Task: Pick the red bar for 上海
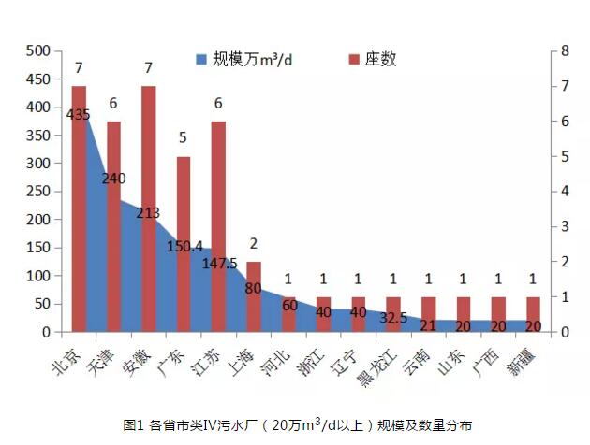[x=253, y=296]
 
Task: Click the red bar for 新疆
[x=533, y=314]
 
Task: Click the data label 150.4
[x=184, y=246]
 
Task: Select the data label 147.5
[x=220, y=264]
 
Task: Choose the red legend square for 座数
[x=354, y=60]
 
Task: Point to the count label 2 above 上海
[x=253, y=244]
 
